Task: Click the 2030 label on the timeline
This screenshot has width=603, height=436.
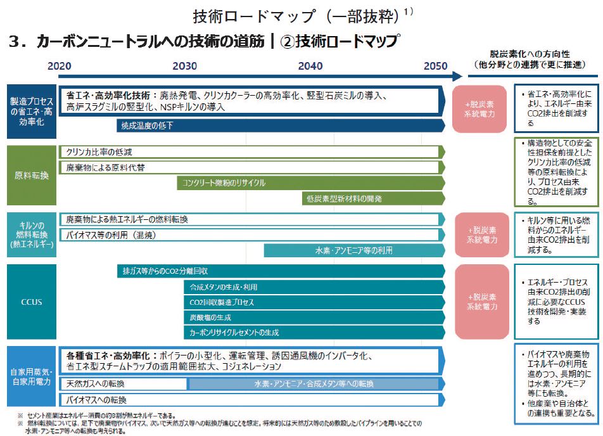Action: coord(184,66)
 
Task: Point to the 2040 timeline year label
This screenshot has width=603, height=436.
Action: coord(310,66)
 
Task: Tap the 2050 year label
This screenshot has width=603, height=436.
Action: coord(435,66)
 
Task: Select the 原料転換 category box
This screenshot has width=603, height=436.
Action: coord(32,175)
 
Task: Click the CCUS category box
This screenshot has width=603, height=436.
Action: coord(32,302)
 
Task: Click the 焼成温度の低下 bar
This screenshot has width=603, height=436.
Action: coord(279,125)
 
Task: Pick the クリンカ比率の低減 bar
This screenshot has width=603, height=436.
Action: coord(251,152)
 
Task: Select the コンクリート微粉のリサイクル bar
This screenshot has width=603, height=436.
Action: coord(310,183)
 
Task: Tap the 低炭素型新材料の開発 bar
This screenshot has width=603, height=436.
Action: coord(373,198)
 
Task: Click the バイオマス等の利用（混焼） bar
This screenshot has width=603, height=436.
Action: coord(251,234)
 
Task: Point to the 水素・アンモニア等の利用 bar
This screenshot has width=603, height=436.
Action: coord(354,250)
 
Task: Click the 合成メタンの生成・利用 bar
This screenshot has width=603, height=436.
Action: coord(314,287)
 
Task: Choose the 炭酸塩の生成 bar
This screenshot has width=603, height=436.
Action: coord(314,317)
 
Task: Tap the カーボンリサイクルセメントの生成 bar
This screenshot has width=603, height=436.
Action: coord(314,332)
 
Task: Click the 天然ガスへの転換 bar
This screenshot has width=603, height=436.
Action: coord(124,384)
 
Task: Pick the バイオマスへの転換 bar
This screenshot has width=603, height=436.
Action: coord(251,400)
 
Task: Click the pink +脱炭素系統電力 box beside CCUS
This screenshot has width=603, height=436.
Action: coord(479,302)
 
